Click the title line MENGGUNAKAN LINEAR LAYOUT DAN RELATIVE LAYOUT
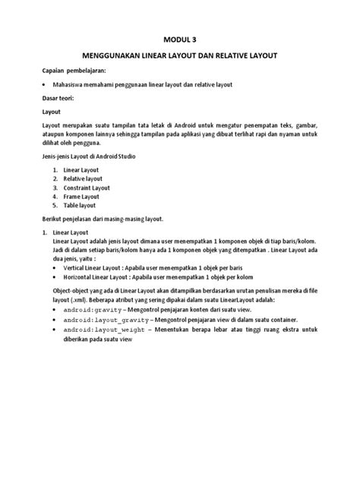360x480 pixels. [x=180, y=56]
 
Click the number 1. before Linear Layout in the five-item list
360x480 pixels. [x=55, y=169]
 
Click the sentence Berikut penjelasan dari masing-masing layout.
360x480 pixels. [x=103, y=219]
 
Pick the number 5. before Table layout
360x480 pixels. [x=55, y=206]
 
